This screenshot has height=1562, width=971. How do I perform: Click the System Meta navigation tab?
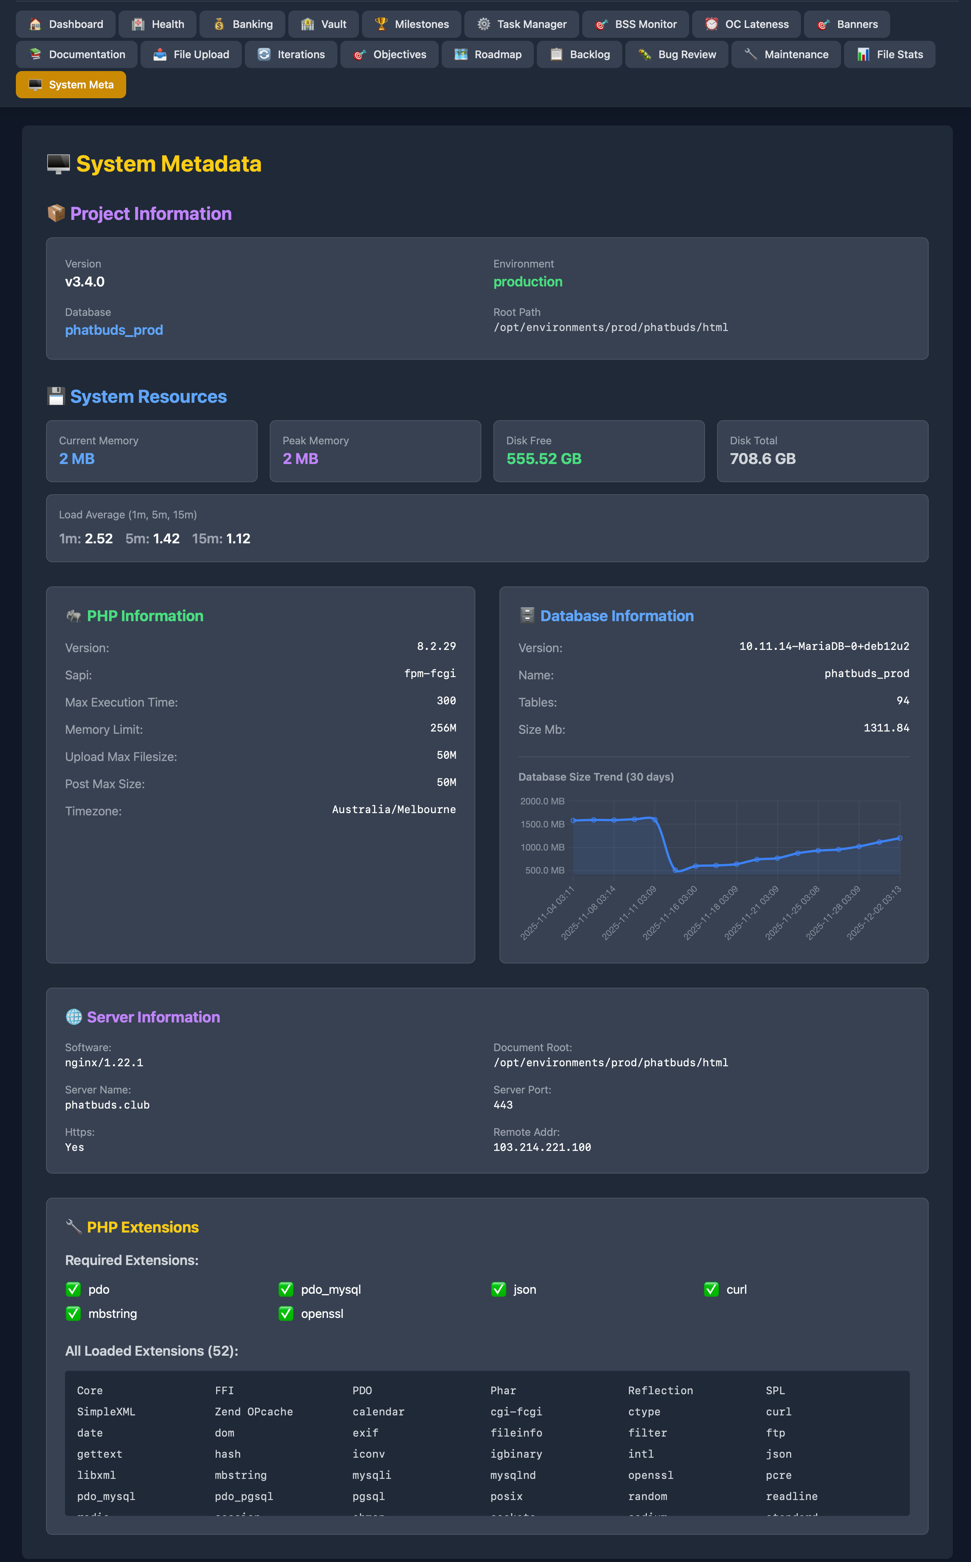[71, 85]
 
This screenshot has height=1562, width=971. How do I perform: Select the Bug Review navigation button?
[677, 54]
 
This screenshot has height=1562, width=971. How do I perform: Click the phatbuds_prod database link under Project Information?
[114, 330]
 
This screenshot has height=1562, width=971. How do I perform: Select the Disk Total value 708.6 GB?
[762, 459]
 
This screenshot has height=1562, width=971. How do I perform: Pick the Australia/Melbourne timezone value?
[394, 809]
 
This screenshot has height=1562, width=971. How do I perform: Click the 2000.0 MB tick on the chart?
[542, 801]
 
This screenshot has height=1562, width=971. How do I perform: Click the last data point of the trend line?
[900, 838]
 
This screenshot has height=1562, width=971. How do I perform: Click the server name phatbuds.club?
[107, 1105]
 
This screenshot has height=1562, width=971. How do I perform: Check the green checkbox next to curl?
[711, 1290]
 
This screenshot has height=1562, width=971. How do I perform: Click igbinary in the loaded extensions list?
[516, 1454]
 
